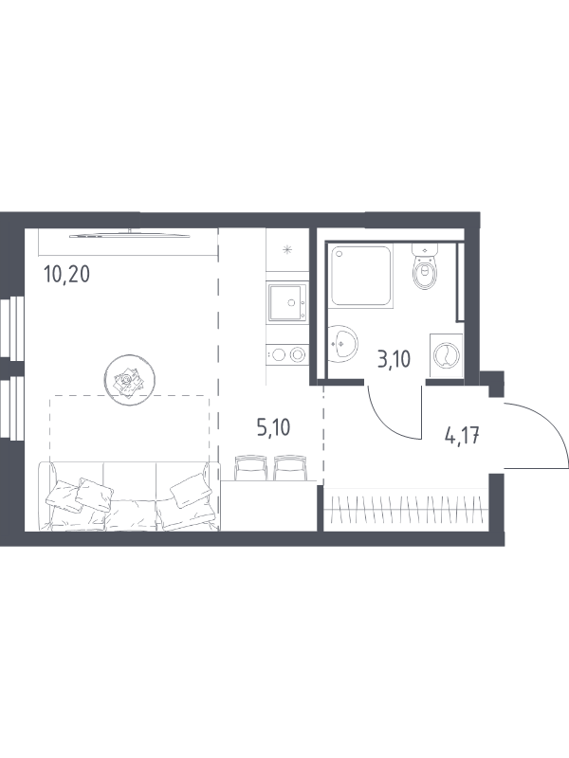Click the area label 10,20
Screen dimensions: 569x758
pyautogui.click(x=66, y=276)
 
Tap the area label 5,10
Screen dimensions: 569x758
pyautogui.click(x=273, y=428)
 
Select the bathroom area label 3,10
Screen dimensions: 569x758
pyautogui.click(x=394, y=360)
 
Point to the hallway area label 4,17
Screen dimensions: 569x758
pyautogui.click(x=462, y=435)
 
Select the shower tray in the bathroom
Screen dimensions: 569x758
pyautogui.click(x=361, y=276)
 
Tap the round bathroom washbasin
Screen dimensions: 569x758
pyautogui.click(x=342, y=343)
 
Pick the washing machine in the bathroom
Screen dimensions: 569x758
pyautogui.click(x=446, y=355)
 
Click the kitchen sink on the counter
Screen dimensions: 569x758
pyautogui.click(x=287, y=302)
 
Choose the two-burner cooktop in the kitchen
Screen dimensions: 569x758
pyautogui.click(x=287, y=354)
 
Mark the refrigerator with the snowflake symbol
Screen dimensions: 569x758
pyautogui.click(x=287, y=249)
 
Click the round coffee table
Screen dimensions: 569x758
pyautogui.click(x=130, y=380)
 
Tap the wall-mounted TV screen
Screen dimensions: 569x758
pyautogui.click(x=130, y=235)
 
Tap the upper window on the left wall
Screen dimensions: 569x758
pyautogui.click(x=12, y=328)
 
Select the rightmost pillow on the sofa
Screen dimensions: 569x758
pyautogui.click(x=191, y=490)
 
